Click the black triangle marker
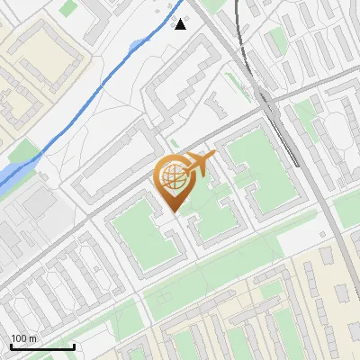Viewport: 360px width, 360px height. coord(181,24)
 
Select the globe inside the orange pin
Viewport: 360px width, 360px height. coord(175,179)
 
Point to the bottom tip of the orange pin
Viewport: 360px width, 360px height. coord(175,211)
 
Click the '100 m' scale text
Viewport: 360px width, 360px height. coord(23,338)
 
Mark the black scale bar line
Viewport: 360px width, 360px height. coord(42,346)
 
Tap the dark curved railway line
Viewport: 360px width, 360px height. coord(237,36)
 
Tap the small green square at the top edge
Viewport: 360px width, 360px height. coord(68,7)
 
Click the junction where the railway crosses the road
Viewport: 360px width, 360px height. coord(267,99)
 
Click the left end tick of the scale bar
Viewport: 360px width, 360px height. coord(11,346)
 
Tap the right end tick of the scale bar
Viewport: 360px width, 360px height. coord(74,346)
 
